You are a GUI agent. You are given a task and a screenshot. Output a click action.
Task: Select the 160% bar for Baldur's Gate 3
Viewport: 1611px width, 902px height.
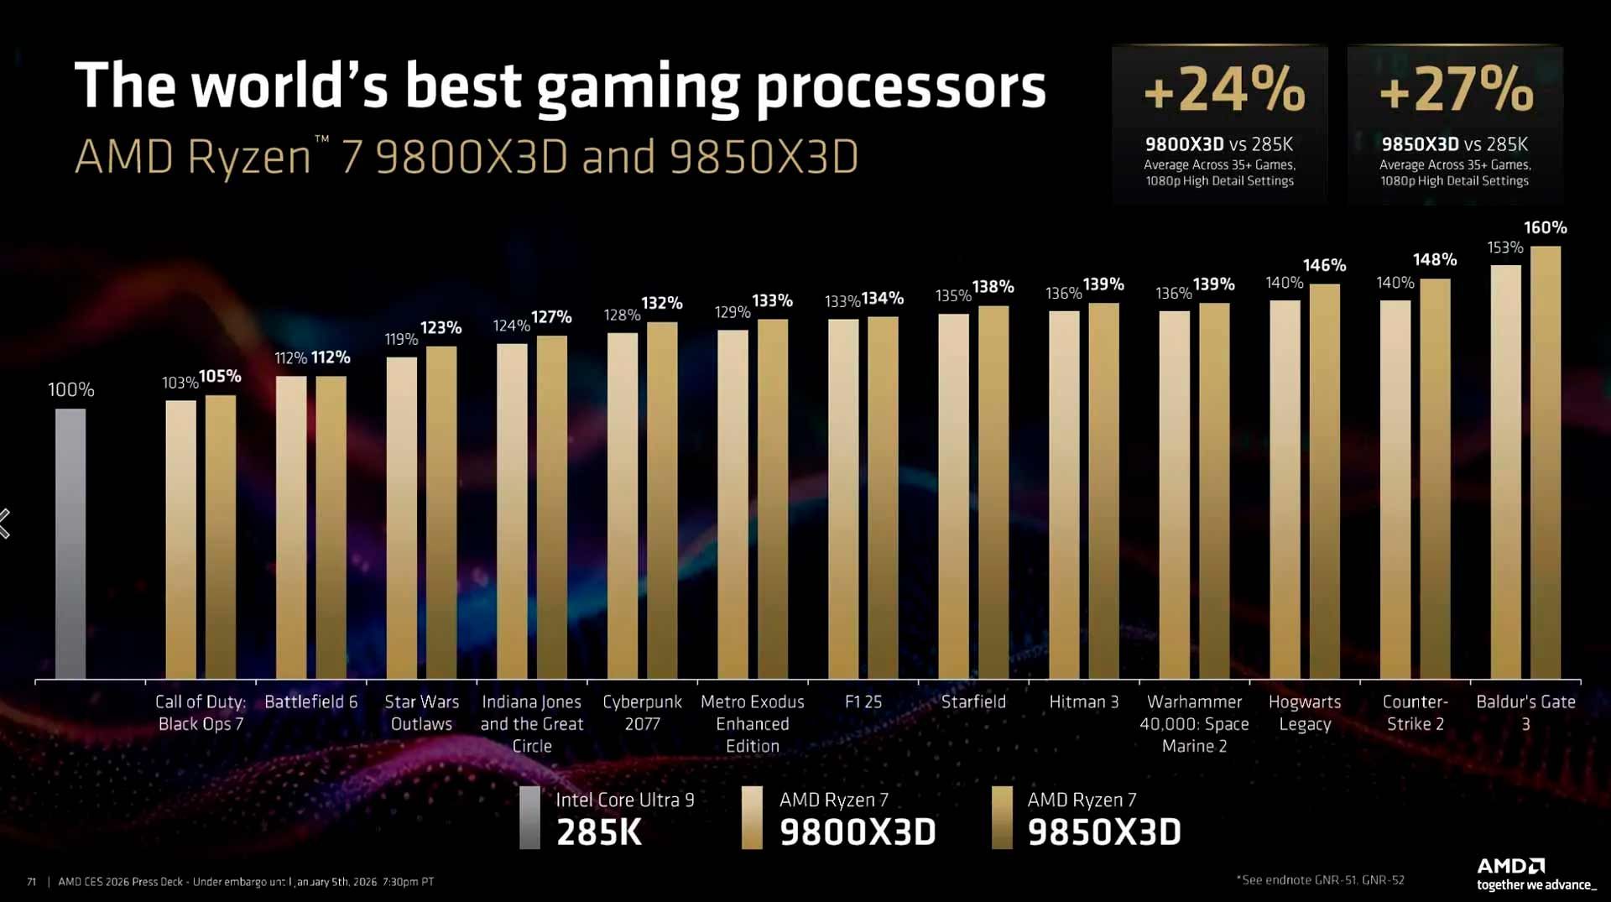[x=1546, y=461]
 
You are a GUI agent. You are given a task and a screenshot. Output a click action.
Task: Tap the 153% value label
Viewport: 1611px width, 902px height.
[x=1505, y=248]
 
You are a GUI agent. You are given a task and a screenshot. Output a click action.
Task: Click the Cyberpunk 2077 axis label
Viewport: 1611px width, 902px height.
[x=642, y=712]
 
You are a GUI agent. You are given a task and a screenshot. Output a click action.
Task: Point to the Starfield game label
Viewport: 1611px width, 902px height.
[x=973, y=701]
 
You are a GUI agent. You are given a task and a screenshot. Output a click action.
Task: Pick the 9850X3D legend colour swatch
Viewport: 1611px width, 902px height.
[x=1002, y=817]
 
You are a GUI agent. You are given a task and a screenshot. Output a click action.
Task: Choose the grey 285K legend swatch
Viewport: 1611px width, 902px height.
[x=529, y=817]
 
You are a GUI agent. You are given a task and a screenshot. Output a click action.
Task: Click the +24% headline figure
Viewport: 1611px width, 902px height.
[x=1224, y=90]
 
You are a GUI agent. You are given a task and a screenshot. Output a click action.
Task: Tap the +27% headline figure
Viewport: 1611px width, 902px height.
[x=1456, y=90]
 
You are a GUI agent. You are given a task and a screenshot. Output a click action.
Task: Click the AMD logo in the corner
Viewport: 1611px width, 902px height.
[x=1510, y=865]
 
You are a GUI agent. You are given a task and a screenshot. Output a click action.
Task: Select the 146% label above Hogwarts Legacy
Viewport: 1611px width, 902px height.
[x=1324, y=265]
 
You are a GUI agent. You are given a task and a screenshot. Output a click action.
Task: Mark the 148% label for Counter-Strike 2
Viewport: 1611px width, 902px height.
[x=1435, y=259]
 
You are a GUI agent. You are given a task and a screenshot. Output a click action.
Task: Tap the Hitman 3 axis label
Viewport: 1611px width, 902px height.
[x=1084, y=701]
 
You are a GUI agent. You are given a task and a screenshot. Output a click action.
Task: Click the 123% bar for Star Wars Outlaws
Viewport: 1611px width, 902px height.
[x=441, y=512]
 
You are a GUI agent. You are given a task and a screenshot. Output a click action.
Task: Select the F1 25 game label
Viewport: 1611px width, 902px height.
[x=863, y=701]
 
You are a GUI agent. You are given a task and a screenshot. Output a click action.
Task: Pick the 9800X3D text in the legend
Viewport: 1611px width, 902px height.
[x=858, y=832]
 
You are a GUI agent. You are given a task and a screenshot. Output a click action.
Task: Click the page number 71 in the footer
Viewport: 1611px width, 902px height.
[x=32, y=881]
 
